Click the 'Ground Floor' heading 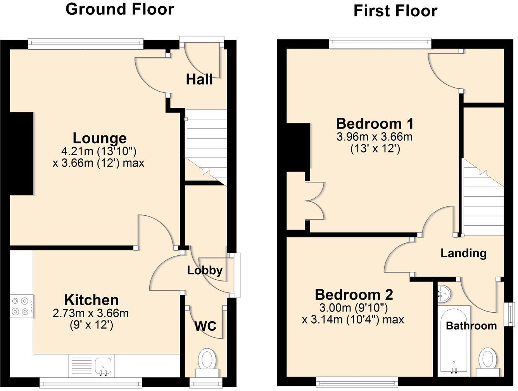[x=120, y=9]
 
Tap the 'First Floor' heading [x=395, y=11]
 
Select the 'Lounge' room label [x=100, y=138]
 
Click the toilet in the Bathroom [x=487, y=359]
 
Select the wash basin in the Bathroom [x=444, y=294]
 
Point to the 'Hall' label [x=199, y=80]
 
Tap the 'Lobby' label [x=205, y=270]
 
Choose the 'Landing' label [x=463, y=253]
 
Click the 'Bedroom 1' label [x=375, y=124]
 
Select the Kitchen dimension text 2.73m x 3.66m [x=91, y=313]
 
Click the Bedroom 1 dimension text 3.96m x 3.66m [x=375, y=137]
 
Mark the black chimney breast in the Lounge [x=21, y=154]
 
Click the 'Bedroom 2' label [x=354, y=295]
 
